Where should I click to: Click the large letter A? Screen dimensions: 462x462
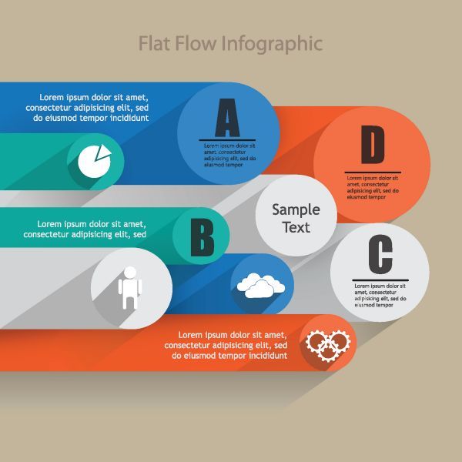click(x=227, y=118)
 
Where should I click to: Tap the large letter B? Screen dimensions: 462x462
click(x=202, y=237)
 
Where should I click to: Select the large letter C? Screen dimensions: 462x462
click(x=380, y=254)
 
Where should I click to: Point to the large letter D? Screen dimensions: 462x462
click(x=373, y=145)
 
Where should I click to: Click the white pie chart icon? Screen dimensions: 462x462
click(x=94, y=161)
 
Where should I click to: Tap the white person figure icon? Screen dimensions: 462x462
click(x=130, y=288)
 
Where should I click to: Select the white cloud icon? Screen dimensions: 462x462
click(x=261, y=286)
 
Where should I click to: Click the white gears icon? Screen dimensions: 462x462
click(x=328, y=346)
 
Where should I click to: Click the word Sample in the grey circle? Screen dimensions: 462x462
click(x=296, y=210)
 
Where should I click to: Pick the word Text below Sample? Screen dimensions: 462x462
click(x=296, y=227)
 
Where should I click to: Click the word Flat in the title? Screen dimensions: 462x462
click(x=154, y=43)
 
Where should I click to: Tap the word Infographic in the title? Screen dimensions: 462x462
click(x=272, y=44)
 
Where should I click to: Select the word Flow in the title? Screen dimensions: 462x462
click(x=196, y=43)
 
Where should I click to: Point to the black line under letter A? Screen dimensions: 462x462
click(x=227, y=140)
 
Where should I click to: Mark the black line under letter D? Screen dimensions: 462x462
click(x=373, y=172)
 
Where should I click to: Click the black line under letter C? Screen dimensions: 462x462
click(x=380, y=280)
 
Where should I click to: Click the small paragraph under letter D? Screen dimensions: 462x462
click(x=373, y=188)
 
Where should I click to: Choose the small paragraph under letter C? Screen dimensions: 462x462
click(x=380, y=296)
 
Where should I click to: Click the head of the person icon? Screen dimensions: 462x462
click(x=130, y=272)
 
